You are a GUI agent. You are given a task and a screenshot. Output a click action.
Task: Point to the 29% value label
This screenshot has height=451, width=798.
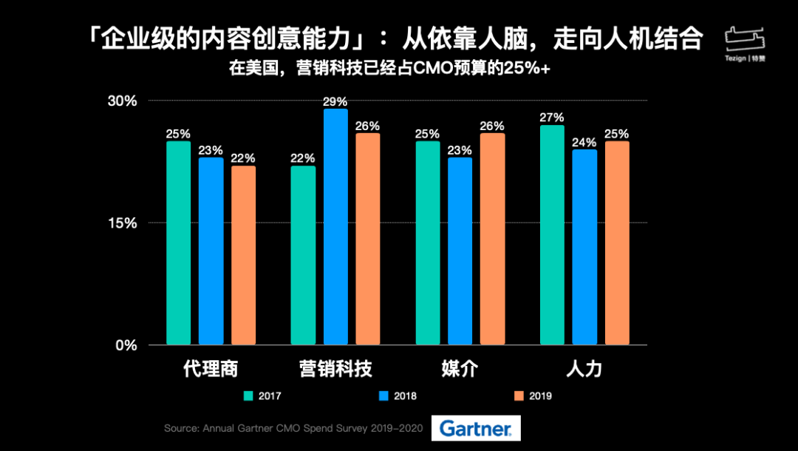pyautogui.click(x=335, y=101)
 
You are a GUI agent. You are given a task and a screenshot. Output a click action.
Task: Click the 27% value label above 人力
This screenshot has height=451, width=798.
pyautogui.click(x=552, y=117)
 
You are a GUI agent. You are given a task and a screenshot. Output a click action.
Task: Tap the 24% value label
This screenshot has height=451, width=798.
pyautogui.click(x=584, y=142)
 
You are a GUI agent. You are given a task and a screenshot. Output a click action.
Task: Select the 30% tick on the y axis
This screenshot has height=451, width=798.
pyautogui.click(x=123, y=101)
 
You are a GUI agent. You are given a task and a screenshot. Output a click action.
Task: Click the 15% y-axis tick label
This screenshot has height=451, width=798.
pyautogui.click(x=123, y=223)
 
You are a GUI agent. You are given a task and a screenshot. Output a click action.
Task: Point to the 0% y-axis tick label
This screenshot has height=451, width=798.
pyautogui.click(x=127, y=345)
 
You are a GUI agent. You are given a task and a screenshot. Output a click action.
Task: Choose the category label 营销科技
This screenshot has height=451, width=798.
pyautogui.click(x=335, y=369)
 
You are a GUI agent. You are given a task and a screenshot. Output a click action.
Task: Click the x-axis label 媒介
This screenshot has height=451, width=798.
pyautogui.click(x=460, y=369)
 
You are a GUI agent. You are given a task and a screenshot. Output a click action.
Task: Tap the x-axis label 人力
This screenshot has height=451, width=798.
pyautogui.click(x=584, y=369)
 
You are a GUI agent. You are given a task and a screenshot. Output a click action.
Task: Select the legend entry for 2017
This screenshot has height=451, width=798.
pyautogui.click(x=263, y=396)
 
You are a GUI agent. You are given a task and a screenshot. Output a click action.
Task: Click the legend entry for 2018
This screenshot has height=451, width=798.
pyautogui.click(x=398, y=396)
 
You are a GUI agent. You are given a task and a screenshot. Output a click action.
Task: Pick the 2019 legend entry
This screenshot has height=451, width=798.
pyautogui.click(x=533, y=396)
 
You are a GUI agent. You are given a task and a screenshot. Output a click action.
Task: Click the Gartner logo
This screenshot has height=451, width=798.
pyautogui.click(x=476, y=428)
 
